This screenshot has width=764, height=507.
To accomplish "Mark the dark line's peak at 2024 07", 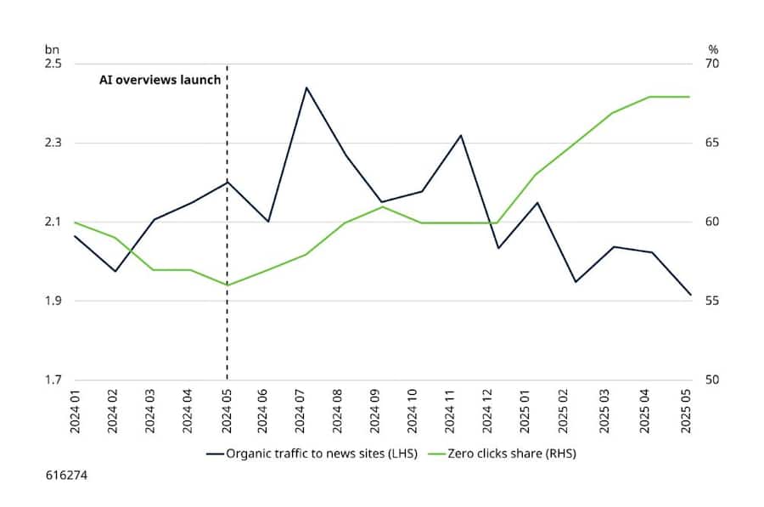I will pos(305,87).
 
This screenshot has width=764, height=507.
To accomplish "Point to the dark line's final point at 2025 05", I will pos(691,295).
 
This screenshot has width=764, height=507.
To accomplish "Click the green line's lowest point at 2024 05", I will pos(228,284).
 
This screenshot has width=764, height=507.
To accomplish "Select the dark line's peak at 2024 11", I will pos(460,135).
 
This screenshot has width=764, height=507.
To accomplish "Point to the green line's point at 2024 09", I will pos(382,206).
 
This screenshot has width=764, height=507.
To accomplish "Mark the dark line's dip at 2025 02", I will pos(576,281).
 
